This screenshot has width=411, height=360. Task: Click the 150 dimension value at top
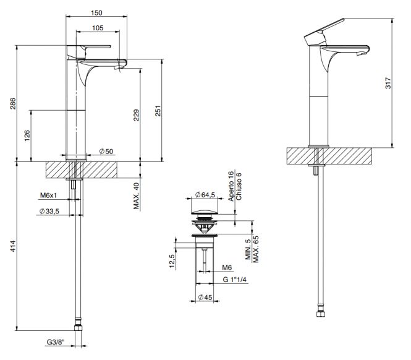tap(96, 13)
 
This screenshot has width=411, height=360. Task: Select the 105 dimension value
tap(98, 28)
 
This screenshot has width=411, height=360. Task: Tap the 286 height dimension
tap(13, 103)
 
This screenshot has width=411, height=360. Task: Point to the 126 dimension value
tap(27, 135)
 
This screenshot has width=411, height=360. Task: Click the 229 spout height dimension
tap(137, 115)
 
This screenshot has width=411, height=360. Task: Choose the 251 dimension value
tap(158, 111)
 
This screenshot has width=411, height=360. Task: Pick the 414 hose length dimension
tap(13, 246)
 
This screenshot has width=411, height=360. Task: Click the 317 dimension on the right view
tap(388, 83)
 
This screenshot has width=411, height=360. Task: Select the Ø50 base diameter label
tap(106, 151)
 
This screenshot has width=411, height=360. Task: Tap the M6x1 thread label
tap(48, 195)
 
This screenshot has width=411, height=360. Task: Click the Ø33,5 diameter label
tap(49, 211)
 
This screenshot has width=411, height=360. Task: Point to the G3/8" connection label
tap(56, 342)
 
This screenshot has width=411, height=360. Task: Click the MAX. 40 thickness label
tap(137, 195)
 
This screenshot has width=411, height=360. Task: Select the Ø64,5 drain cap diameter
tap(205, 195)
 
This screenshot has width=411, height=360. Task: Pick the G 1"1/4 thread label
tap(235, 280)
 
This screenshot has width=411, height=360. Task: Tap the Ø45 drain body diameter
tap(205, 298)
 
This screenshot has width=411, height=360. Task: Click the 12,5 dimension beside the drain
tap(172, 261)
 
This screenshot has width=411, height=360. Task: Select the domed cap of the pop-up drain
tap(205, 212)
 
